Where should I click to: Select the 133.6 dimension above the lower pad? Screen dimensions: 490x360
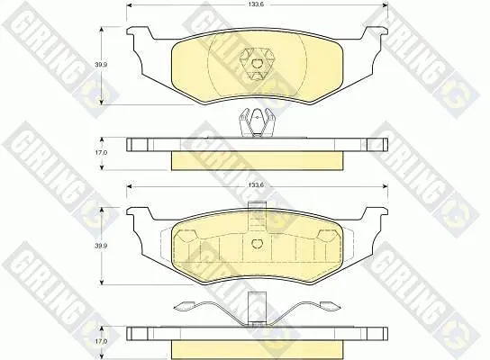coord(256,185)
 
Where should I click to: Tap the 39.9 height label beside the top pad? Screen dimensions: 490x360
coord(101,65)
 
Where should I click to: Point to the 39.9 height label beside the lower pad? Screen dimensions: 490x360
coord(101,246)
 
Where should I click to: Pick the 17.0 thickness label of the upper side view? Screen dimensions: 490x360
coord(101,153)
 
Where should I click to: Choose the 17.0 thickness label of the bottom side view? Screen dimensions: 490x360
coord(101,342)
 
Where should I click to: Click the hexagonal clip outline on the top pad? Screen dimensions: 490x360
coord(257,65)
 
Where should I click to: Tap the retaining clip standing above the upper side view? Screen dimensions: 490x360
coord(257,122)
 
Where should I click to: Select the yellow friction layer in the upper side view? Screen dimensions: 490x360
coord(258,161)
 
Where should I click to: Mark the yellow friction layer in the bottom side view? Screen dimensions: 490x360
coord(258,350)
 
